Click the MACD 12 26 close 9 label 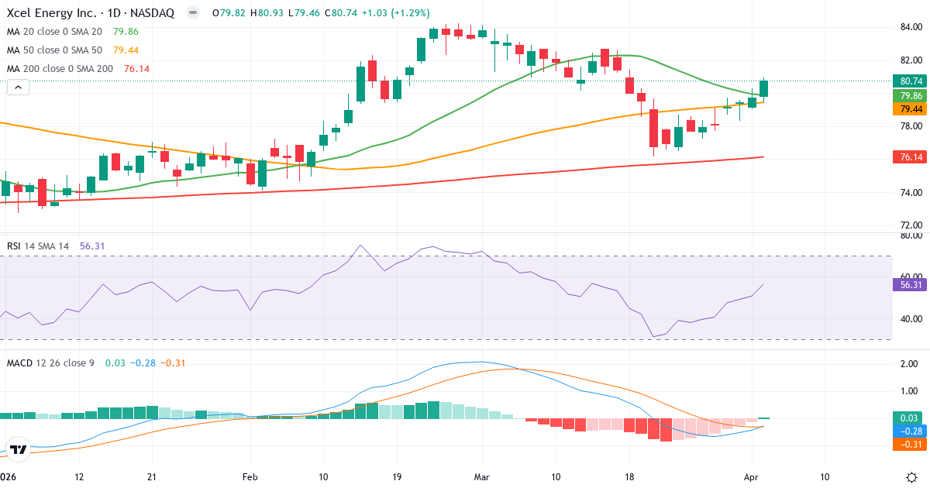(50, 363)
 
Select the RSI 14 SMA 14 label (38, 246)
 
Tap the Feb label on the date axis (249, 476)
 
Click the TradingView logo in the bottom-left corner (19, 449)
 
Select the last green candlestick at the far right (764, 88)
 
